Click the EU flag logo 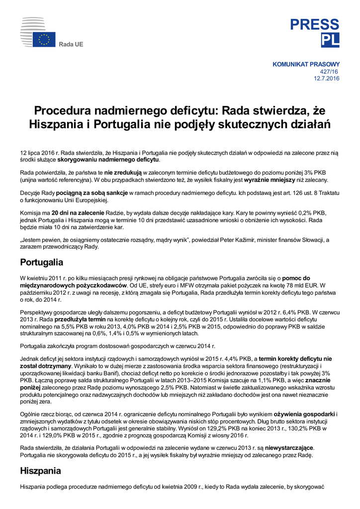pos(44,40)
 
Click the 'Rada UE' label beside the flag pos(71,45)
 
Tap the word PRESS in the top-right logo pos(315,25)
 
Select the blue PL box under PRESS pos(330,40)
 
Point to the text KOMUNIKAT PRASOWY pos(306,64)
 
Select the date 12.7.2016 pos(326,79)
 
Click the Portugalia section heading pos(42,262)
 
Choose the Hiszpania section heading pos(41,470)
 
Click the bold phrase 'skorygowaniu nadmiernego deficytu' pos(108,160)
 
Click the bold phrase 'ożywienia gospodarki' pos(304,414)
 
